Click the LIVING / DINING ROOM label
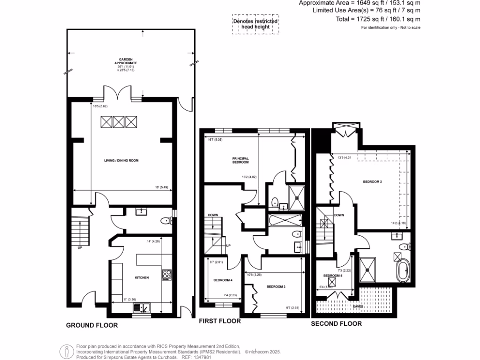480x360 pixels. (121, 160)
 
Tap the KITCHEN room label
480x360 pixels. (142, 277)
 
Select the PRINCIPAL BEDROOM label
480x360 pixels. (240, 160)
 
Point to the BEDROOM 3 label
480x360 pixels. (276, 286)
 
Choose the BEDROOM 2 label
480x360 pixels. (369, 181)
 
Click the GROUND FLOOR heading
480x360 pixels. (91, 325)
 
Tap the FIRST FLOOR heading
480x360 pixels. (220, 322)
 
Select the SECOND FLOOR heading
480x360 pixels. (337, 323)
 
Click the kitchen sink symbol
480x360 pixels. (142, 307)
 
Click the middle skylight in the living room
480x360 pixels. (118, 122)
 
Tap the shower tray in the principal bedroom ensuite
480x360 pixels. (296, 197)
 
